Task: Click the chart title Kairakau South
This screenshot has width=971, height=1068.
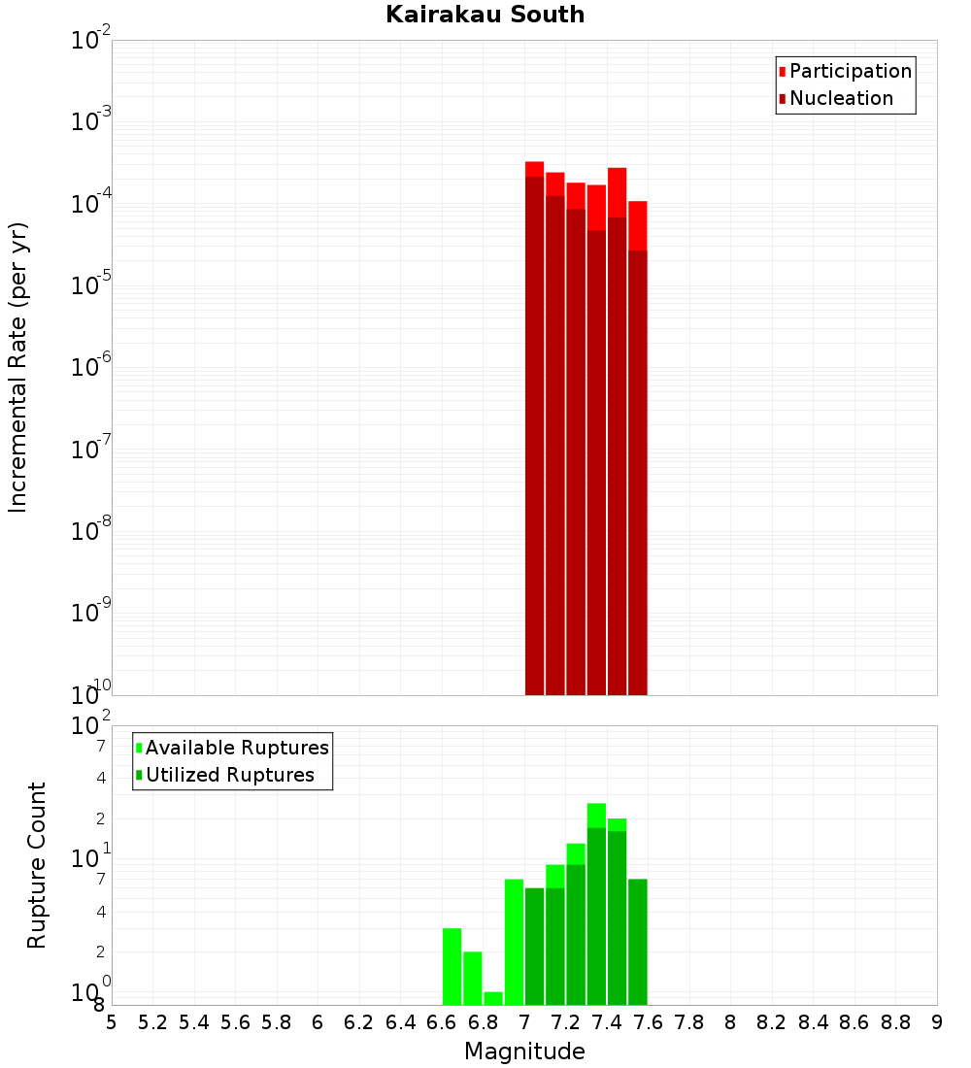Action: point(485,15)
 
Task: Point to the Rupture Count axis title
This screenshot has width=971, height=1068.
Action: point(37,865)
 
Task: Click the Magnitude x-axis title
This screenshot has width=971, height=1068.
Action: point(524,1051)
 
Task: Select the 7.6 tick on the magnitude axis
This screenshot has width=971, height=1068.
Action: point(648,1022)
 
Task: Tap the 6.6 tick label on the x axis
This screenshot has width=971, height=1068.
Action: point(442,1022)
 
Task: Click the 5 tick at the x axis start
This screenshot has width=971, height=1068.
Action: point(112,1022)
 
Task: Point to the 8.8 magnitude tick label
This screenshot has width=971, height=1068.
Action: point(895,1022)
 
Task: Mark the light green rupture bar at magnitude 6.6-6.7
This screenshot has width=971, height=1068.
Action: point(452,966)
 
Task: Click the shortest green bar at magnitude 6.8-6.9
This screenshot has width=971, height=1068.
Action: point(493,998)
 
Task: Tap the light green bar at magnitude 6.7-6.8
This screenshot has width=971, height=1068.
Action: point(473,978)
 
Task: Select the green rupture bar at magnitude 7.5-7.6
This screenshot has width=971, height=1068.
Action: point(637,942)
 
